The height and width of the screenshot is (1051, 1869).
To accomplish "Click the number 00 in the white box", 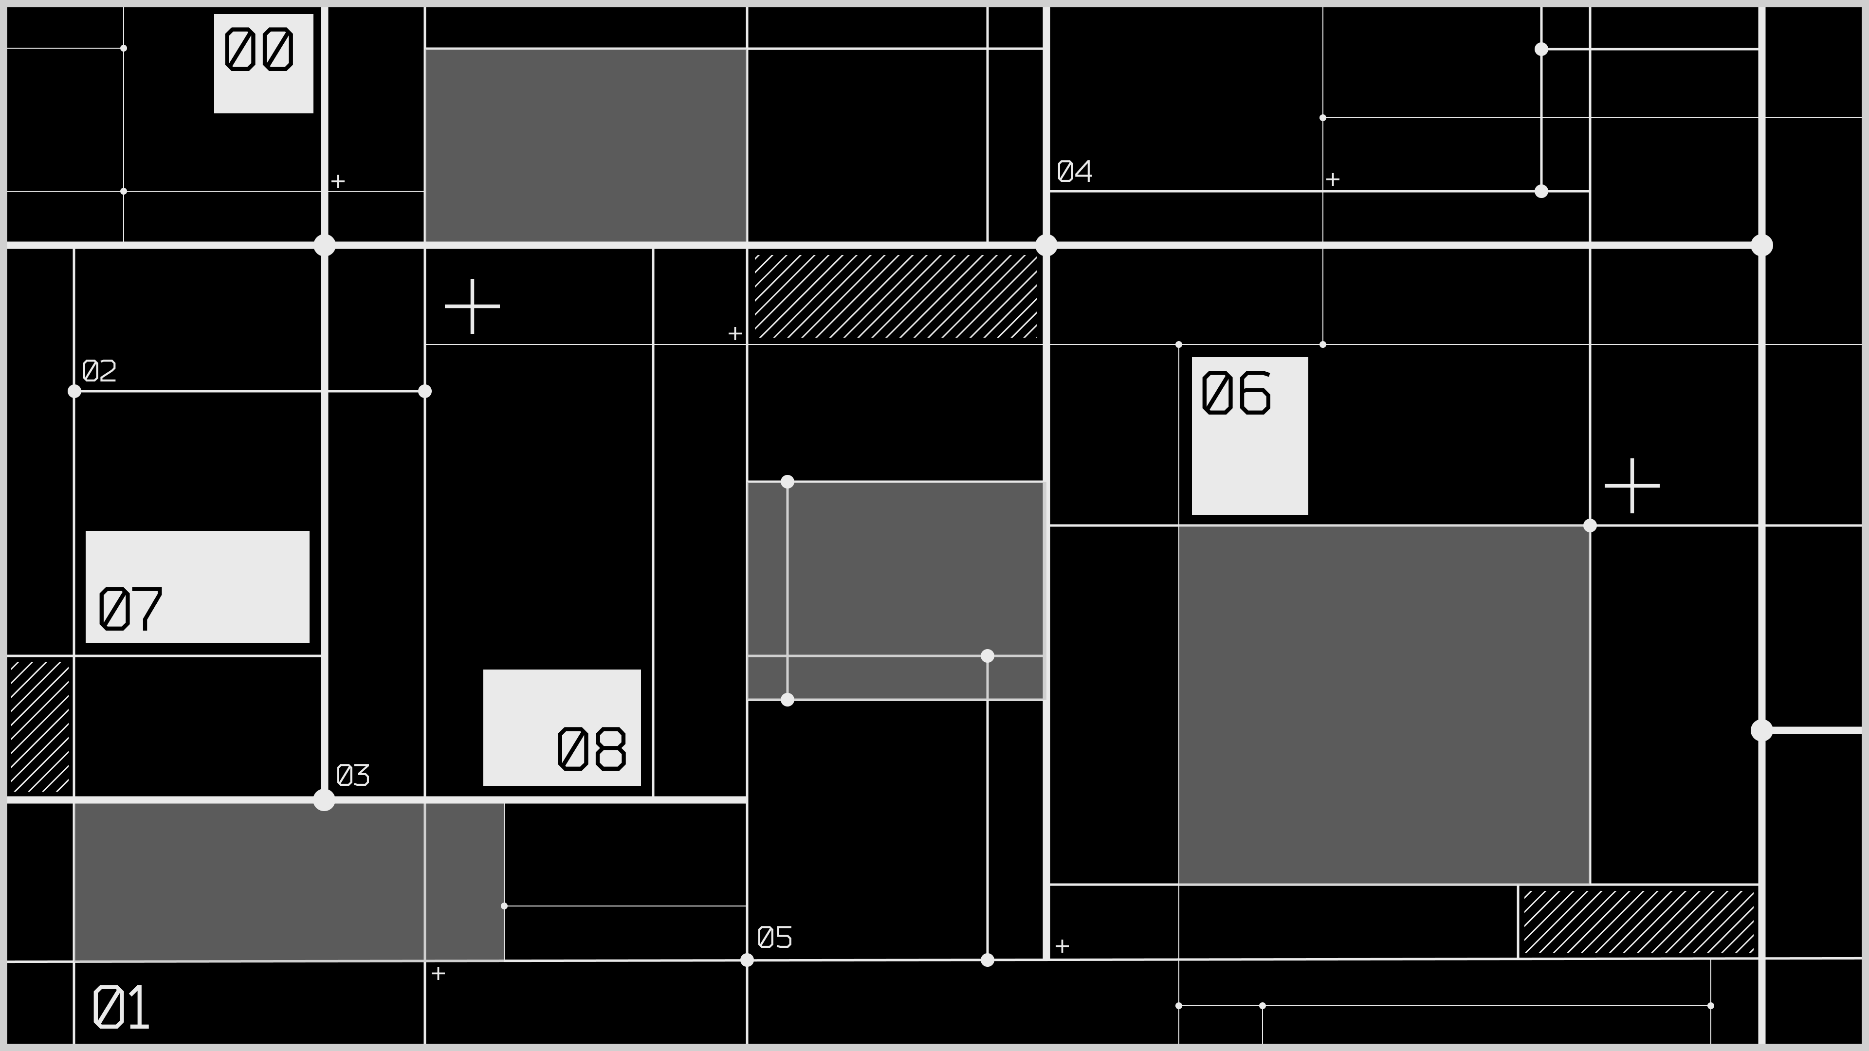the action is click(x=258, y=49).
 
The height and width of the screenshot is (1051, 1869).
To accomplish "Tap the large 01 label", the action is click(x=121, y=1007).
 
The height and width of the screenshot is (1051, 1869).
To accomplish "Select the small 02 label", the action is click(x=99, y=371).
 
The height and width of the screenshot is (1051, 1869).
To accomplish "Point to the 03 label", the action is click(x=353, y=776).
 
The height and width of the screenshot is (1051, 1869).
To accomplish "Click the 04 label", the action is click(x=1075, y=172).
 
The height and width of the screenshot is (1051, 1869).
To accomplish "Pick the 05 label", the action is click(x=775, y=937).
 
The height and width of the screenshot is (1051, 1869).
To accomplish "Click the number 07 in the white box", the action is click(x=130, y=609).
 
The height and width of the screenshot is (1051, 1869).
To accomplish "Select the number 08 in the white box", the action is click(x=591, y=748).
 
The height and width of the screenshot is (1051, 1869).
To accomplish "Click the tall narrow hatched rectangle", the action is click(x=40, y=726).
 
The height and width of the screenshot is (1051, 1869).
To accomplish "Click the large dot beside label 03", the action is click(x=324, y=800).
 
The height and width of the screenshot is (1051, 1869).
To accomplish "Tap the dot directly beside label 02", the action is click(x=74, y=392).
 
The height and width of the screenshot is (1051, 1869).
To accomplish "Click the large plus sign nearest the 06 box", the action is click(x=1632, y=486).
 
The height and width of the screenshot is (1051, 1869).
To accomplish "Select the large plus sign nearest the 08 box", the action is click(x=472, y=306).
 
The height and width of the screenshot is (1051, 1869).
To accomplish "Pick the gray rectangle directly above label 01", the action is click(x=289, y=882).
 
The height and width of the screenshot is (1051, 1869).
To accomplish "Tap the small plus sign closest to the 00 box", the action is click(x=338, y=181).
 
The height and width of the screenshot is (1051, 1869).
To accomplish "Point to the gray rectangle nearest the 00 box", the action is click(x=586, y=145).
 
